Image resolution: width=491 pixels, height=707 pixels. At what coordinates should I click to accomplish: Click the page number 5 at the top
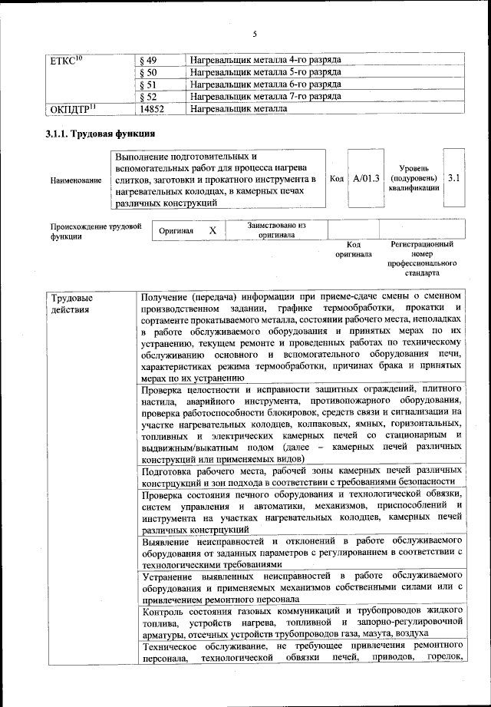coord(254,33)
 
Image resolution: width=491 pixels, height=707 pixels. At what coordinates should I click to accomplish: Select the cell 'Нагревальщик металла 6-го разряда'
coord(265,84)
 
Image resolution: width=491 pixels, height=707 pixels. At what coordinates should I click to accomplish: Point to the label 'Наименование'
coord(75,180)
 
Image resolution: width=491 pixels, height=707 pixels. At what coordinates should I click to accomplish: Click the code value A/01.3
coord(366,179)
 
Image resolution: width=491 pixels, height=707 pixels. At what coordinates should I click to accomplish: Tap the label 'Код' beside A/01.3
coord(336,179)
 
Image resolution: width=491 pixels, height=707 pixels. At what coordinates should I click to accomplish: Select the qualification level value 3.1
coord(453,179)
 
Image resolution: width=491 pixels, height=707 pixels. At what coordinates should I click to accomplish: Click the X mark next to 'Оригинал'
coord(213,230)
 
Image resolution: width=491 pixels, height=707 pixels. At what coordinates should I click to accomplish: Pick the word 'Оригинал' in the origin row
coord(176,230)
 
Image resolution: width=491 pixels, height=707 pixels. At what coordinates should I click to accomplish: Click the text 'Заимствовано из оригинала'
coord(277,230)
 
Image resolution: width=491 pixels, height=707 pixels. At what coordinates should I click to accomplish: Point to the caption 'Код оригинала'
coord(354,249)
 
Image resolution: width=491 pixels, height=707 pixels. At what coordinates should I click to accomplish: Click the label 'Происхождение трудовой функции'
coord(95,231)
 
